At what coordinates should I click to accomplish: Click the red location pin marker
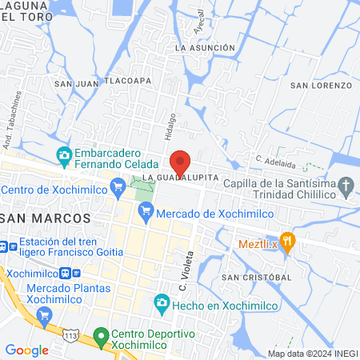180,163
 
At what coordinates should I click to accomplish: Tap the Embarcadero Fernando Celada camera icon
65,154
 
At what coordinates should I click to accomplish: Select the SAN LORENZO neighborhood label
321,85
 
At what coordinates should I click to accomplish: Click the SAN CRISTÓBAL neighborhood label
256,278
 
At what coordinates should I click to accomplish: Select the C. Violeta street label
182,269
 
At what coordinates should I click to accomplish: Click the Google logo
26,350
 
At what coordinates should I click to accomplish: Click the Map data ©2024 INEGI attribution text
311,354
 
